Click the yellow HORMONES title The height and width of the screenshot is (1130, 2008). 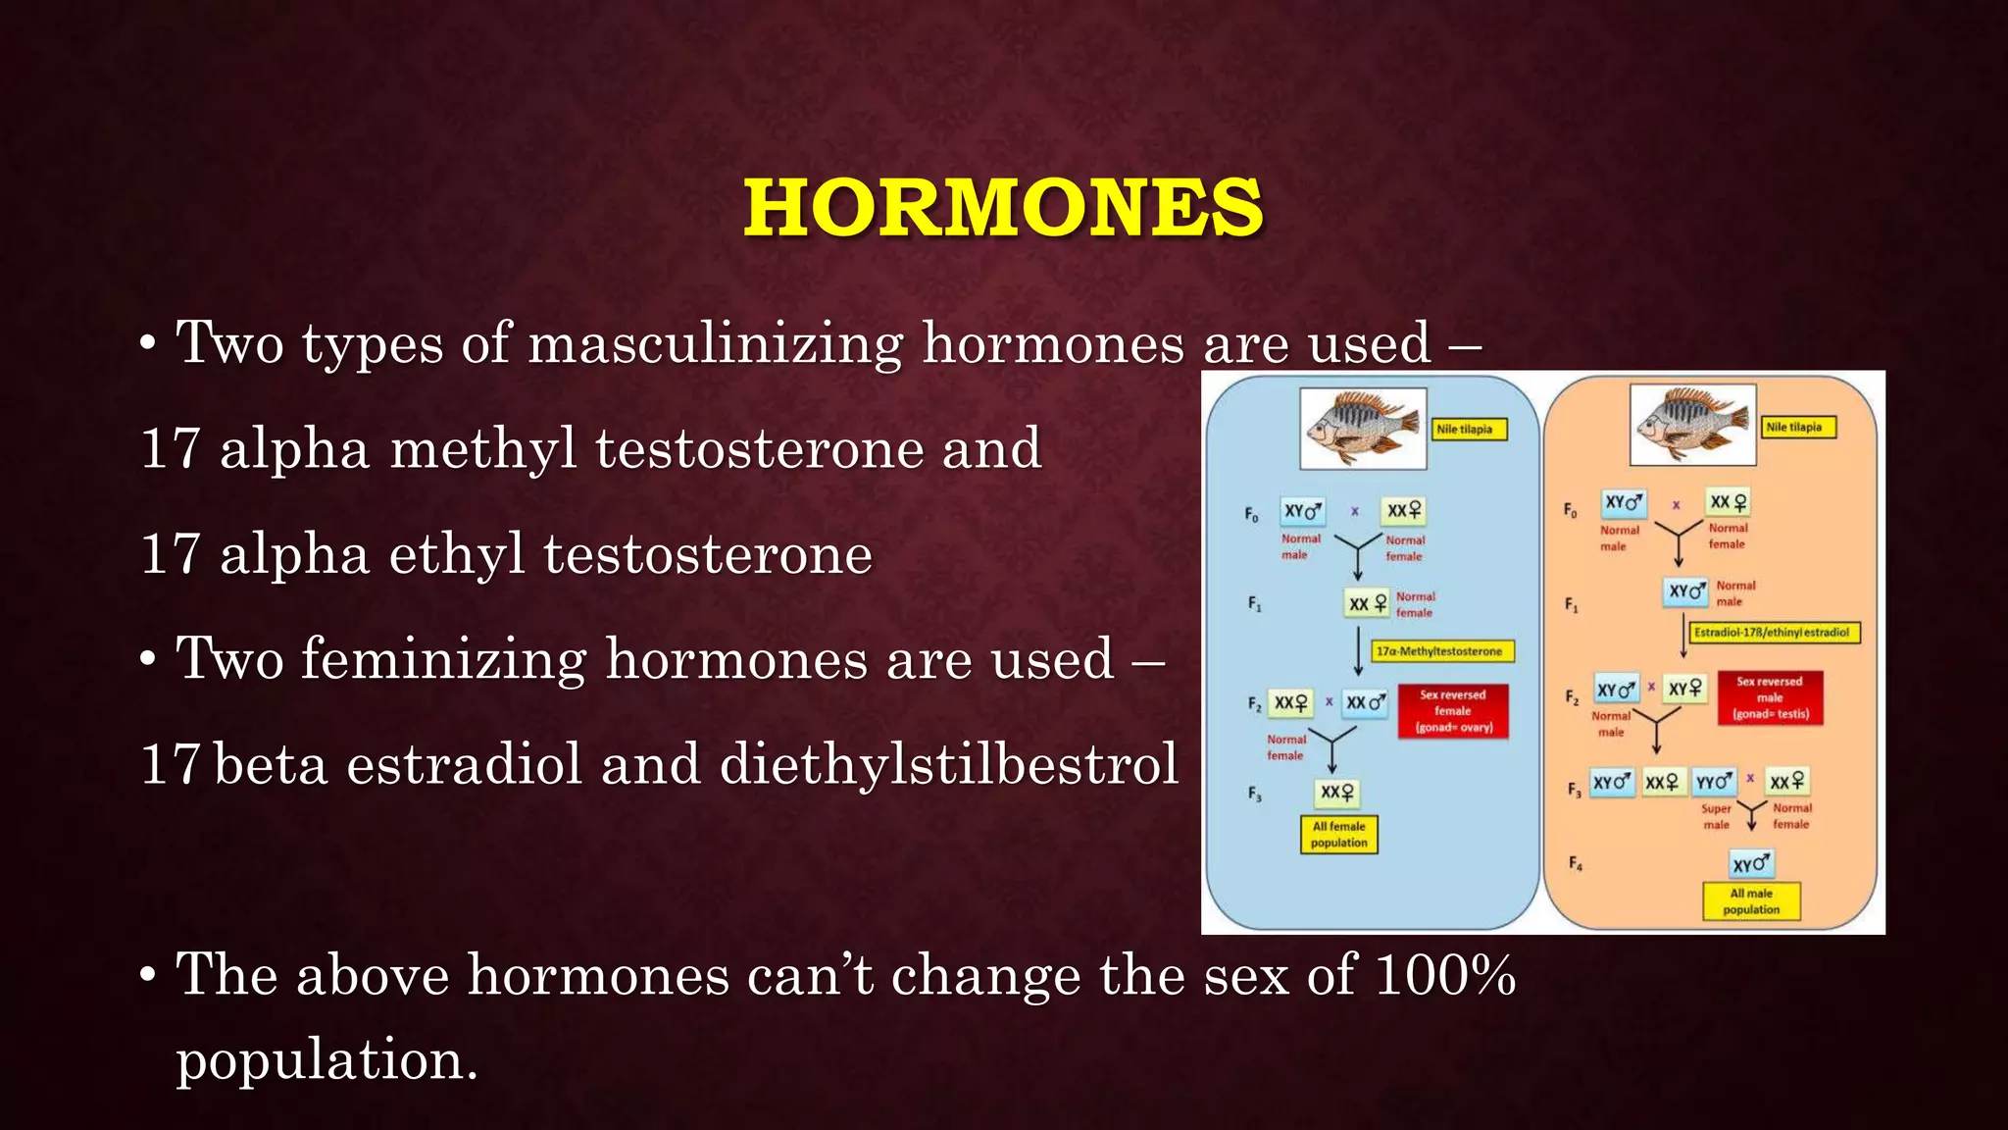[x=1003, y=208]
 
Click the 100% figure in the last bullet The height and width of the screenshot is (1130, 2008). [x=1445, y=976]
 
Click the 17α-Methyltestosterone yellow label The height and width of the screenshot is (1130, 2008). [x=1441, y=651]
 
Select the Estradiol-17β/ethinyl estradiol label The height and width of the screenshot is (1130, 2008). [x=1772, y=633]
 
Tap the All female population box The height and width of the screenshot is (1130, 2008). [x=1338, y=835]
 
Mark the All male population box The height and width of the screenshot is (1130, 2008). [x=1751, y=901]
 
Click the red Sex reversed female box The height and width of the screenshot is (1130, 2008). [x=1453, y=711]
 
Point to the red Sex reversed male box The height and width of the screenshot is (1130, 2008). [x=1770, y=697]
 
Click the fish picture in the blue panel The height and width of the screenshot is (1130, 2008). [x=1363, y=428]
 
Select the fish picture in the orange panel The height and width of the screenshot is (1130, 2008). [x=1692, y=425]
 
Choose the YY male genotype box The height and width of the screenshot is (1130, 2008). [x=1715, y=782]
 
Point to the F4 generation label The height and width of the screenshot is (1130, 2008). [x=1575, y=863]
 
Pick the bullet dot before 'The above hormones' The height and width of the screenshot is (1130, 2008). [x=147, y=977]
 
